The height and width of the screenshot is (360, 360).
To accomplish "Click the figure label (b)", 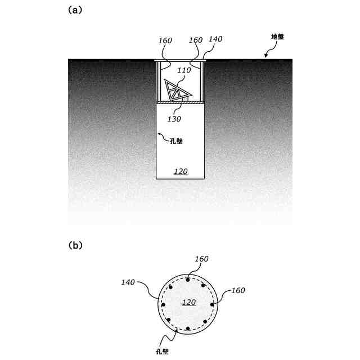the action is pyautogui.click(x=75, y=245).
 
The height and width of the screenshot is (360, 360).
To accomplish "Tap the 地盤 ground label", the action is pyautogui.click(x=278, y=37).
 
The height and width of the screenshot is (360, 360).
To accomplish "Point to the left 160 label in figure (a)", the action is pyautogui.click(x=165, y=40).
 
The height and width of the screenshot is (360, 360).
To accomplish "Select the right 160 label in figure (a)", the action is pyautogui.click(x=196, y=40).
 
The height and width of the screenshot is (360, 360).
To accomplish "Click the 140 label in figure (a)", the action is pyautogui.click(x=215, y=39).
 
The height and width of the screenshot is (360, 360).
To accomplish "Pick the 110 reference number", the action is pyautogui.click(x=183, y=71).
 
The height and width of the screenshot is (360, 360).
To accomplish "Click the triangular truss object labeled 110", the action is pyautogui.click(x=177, y=91).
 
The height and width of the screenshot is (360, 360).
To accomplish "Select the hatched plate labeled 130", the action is pyautogui.click(x=180, y=103).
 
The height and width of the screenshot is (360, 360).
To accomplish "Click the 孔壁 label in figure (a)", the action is pyautogui.click(x=175, y=141).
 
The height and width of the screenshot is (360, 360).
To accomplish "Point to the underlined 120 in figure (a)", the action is pyautogui.click(x=180, y=171).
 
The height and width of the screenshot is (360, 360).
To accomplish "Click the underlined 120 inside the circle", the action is pyautogui.click(x=188, y=302).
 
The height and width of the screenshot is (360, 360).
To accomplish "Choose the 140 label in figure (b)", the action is pyautogui.click(x=128, y=282).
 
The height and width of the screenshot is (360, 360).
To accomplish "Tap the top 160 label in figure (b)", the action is pyautogui.click(x=201, y=259).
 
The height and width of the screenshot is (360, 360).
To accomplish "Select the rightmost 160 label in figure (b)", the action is pyautogui.click(x=237, y=290).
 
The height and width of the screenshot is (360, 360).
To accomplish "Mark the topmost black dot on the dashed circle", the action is pyautogui.click(x=187, y=280).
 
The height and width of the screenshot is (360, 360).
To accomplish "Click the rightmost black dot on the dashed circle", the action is pyautogui.click(x=213, y=304).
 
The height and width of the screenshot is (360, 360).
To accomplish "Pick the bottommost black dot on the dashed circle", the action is pyautogui.click(x=187, y=329).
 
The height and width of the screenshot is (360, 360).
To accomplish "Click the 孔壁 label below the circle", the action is pyautogui.click(x=161, y=350).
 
